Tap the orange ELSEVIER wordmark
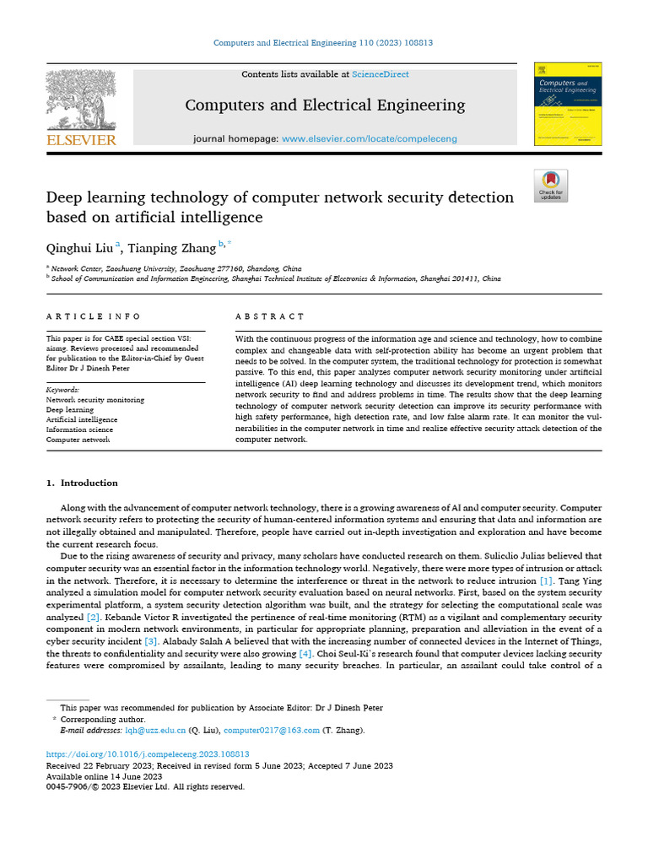(81, 140)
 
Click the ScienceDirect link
(381, 74)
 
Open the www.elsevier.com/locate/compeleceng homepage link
(369, 138)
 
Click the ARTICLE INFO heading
(94, 316)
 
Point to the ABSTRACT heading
(270, 316)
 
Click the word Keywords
(62, 390)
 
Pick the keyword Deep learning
(70, 409)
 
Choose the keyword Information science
(78, 429)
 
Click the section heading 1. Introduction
(82, 483)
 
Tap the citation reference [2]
(93, 618)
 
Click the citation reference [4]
(306, 653)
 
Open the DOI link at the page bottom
(148, 753)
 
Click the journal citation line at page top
(323, 42)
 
